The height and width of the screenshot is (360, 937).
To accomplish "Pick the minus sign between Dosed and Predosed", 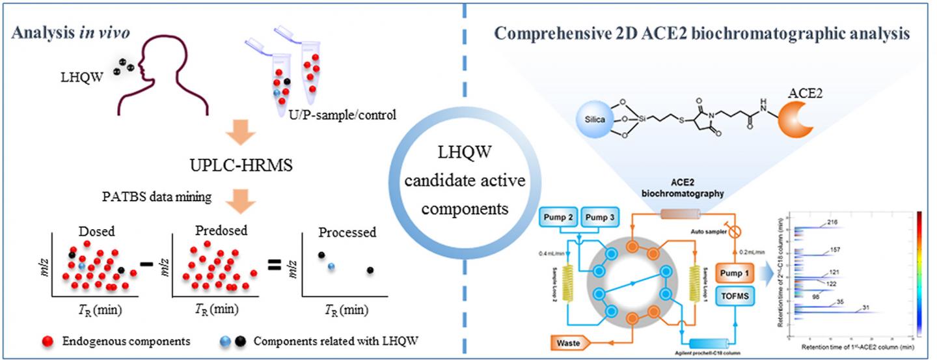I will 147,264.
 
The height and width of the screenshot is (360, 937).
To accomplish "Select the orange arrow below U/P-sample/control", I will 212,136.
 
